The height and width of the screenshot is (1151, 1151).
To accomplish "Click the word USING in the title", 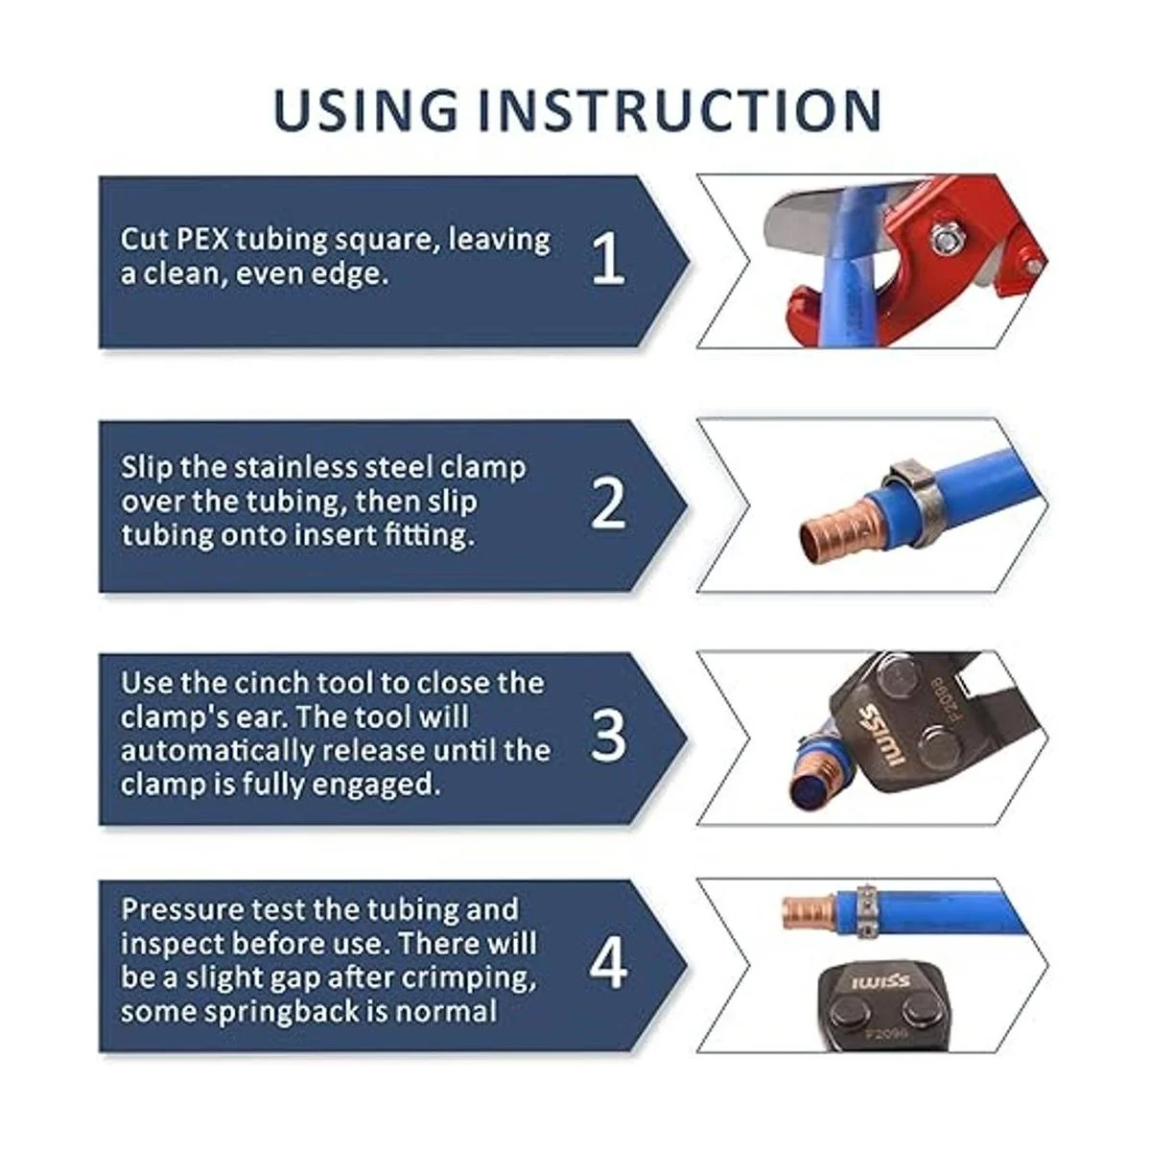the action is pyautogui.click(x=365, y=110).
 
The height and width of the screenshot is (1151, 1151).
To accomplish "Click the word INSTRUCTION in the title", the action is pyautogui.click(x=680, y=110).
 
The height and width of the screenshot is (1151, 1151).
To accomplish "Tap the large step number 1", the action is pyautogui.click(x=608, y=258).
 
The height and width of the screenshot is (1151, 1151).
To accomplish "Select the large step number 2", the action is pyautogui.click(x=608, y=503).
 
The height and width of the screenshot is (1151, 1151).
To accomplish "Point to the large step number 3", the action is pyautogui.click(x=608, y=736).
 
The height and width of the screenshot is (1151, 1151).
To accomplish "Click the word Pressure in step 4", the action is pyautogui.click(x=183, y=909).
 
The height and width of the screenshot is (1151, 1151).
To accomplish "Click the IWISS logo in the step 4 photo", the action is pyautogui.click(x=880, y=981).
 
